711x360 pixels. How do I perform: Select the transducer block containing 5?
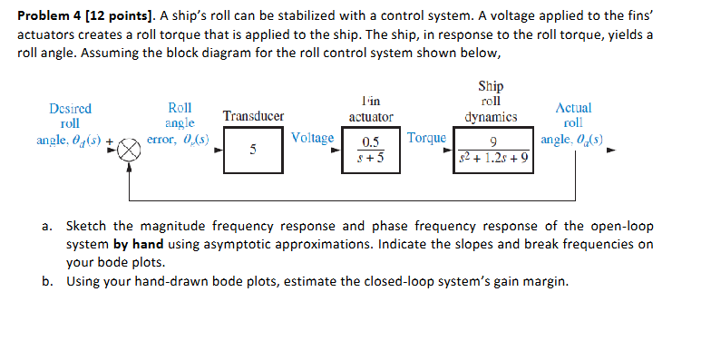point(252,149)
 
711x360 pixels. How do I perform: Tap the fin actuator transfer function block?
point(370,149)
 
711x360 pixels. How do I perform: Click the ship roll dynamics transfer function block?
point(493,150)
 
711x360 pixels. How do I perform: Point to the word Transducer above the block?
point(253,116)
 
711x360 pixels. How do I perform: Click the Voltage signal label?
point(313,138)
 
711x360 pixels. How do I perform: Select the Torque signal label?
point(426,138)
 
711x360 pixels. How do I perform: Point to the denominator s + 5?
point(369,157)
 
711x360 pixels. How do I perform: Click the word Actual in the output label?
point(572,108)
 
